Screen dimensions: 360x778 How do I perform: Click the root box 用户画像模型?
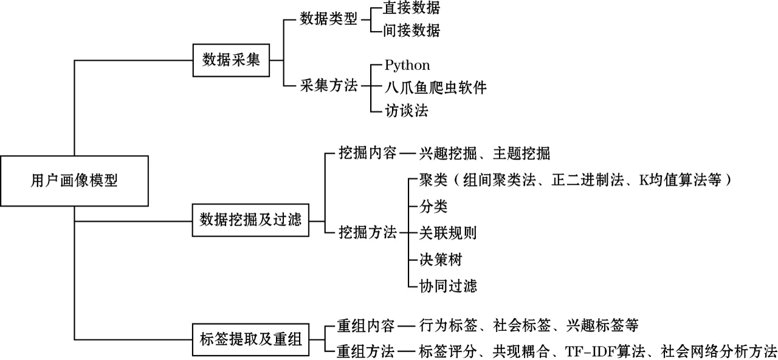tap(74, 181)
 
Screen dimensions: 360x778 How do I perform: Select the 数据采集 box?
tap(231, 60)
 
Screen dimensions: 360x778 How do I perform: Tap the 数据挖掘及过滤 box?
tap(250, 220)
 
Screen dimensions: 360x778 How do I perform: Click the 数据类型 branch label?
tap(328, 19)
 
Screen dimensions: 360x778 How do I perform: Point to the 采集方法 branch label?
tap(328, 86)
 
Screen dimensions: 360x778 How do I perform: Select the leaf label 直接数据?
tap(411, 8)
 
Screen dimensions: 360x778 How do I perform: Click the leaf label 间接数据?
tap(411, 30)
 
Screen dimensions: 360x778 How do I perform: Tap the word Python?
tap(407, 65)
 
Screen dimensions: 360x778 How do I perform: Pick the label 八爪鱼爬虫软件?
tap(435, 88)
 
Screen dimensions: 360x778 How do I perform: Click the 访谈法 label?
tap(406, 110)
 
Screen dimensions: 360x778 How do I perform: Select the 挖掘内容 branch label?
tap(367, 152)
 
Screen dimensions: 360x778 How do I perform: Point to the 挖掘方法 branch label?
tap(367, 232)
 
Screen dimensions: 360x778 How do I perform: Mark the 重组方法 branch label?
tap(365, 351)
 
